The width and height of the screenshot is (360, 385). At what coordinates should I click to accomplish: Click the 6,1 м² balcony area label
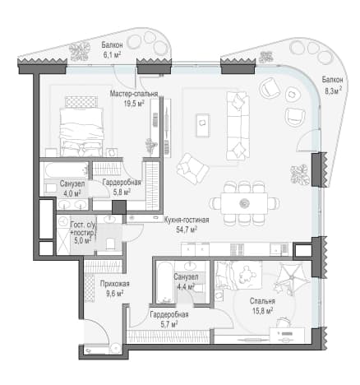(112, 54)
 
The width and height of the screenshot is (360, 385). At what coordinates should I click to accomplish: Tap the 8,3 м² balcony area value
(333, 90)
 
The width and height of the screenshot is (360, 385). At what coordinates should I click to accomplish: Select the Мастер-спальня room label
(134, 94)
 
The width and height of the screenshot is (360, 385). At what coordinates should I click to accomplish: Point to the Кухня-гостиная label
(187, 220)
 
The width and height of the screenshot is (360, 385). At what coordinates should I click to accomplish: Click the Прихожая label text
(114, 284)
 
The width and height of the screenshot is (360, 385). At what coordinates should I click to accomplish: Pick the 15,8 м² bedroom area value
(262, 311)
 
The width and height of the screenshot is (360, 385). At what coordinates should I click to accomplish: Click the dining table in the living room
(244, 203)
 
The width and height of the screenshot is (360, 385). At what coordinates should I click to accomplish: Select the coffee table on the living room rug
(203, 125)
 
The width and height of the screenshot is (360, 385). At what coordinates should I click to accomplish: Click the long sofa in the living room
(238, 126)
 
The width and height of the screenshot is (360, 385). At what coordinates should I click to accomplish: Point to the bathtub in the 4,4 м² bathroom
(164, 283)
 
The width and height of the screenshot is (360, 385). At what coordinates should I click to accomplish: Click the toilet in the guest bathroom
(110, 244)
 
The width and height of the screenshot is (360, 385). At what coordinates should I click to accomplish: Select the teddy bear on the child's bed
(246, 273)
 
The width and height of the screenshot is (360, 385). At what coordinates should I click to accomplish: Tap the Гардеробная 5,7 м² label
(169, 319)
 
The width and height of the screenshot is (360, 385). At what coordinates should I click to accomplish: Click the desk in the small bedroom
(287, 334)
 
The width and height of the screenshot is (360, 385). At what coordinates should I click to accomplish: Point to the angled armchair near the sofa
(193, 169)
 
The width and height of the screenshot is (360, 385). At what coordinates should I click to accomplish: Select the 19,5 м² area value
(134, 103)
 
